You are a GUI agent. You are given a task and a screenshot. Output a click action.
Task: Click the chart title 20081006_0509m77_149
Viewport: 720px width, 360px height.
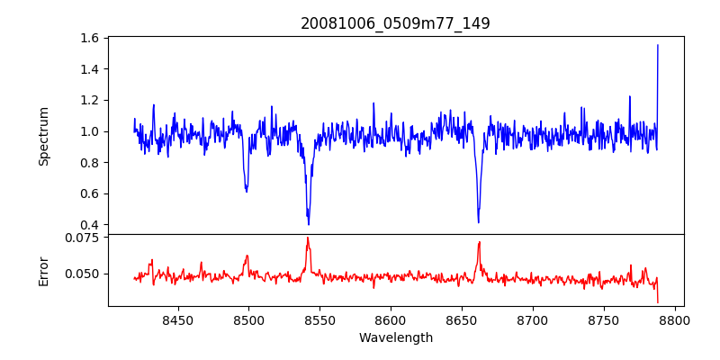[x=395, y=23]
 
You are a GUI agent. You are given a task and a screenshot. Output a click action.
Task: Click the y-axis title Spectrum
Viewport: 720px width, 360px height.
[x=44, y=136]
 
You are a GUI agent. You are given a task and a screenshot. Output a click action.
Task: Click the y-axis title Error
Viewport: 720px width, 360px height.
[x=44, y=270]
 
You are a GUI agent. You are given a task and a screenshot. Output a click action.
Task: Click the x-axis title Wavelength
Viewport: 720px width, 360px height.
[x=395, y=338]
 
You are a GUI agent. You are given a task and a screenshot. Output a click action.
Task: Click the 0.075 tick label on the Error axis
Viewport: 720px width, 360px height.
[x=84, y=238]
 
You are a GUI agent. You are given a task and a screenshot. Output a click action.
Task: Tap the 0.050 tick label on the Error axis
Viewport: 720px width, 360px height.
[x=84, y=274]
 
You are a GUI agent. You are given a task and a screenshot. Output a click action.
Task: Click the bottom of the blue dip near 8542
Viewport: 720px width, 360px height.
[x=309, y=224]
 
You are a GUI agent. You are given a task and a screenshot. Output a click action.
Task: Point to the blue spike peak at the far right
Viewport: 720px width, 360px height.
[x=658, y=45]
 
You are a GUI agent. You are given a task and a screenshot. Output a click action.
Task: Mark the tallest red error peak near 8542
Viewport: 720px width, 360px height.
[x=308, y=238]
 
